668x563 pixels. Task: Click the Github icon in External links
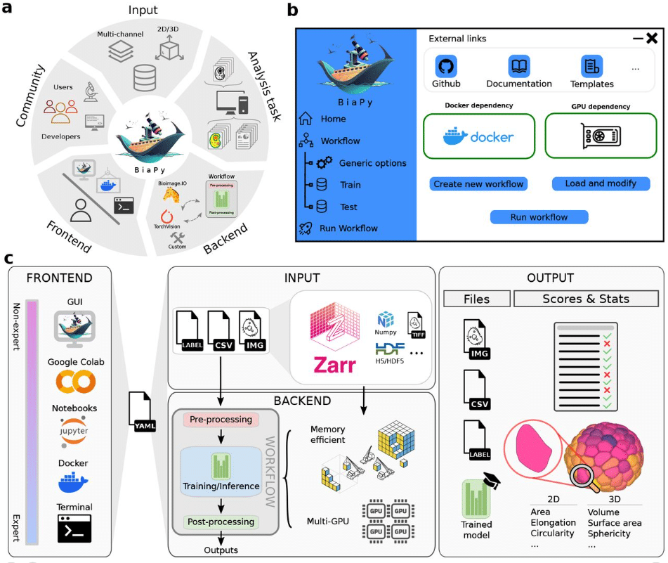445,67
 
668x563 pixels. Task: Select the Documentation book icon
518,67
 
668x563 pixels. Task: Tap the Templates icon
591,67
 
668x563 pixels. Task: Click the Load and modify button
601,183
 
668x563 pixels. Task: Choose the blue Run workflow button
539,217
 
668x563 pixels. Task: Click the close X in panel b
651,39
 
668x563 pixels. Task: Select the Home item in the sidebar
332,119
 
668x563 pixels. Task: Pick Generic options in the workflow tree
372,163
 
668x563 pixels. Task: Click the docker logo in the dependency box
478,137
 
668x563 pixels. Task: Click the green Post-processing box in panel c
221,522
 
